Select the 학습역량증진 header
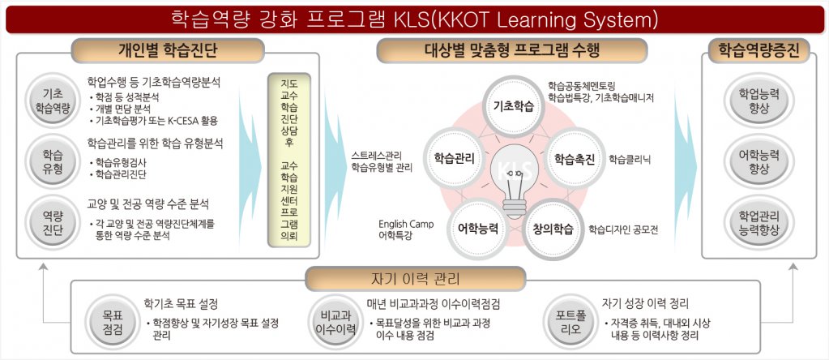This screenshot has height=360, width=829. pyautogui.click(x=758, y=53)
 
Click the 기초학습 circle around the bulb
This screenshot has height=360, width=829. pyautogui.click(x=514, y=106)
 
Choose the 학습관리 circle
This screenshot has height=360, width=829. pyautogui.click(x=454, y=159)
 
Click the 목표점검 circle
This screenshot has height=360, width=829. pyautogui.click(x=113, y=322)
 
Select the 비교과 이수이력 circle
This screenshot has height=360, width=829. pyautogui.click(x=335, y=322)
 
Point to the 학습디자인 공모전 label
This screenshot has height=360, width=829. pyautogui.click(x=623, y=229)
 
